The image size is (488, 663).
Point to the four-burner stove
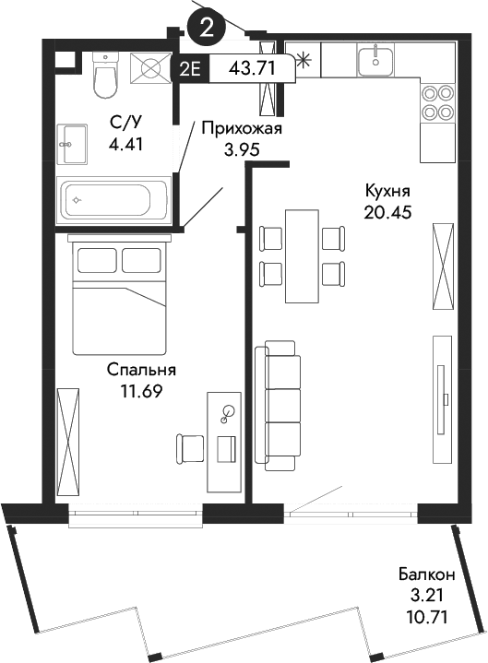pos(437,102)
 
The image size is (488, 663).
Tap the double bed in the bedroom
pos(120,295)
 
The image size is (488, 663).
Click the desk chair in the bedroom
pos(191,448)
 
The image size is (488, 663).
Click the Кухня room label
pos(387,191)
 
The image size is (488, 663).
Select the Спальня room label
pos(141,370)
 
